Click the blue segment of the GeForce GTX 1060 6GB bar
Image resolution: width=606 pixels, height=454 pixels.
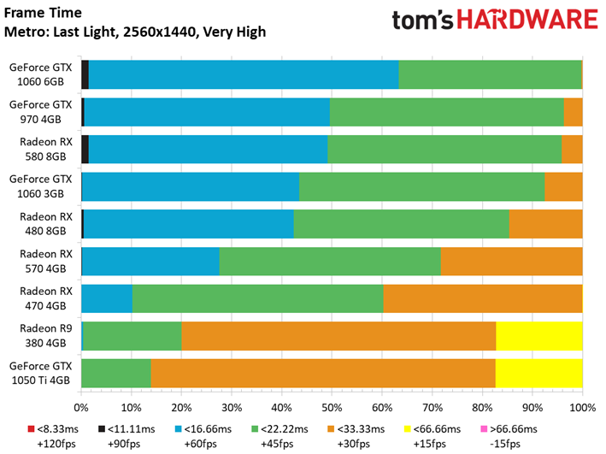pos(244,74)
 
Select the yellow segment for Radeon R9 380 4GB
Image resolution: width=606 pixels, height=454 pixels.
pos(539,336)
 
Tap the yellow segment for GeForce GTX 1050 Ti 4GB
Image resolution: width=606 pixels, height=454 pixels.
pos(539,373)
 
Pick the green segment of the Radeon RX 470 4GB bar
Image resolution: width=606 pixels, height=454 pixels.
pos(258,298)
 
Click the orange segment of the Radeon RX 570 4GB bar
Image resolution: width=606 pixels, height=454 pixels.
pos(512,262)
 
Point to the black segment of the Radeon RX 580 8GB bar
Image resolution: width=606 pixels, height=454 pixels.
pos(85,150)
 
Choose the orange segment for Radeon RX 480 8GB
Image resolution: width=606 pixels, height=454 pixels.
pos(545,224)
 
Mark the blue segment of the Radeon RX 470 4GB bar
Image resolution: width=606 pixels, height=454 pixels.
pos(107,298)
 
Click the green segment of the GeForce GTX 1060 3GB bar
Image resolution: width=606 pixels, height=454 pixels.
pos(422,186)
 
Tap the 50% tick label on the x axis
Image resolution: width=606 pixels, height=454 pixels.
pos(332,408)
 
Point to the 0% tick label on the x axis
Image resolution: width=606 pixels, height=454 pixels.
pos(81,408)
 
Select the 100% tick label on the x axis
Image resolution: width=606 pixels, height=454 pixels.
pos(583,408)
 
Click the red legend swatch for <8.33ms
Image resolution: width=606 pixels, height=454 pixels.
pos(31,429)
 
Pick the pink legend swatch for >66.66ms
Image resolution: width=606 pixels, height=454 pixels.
pos(484,429)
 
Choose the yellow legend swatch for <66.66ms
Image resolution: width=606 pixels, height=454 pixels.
pos(407,429)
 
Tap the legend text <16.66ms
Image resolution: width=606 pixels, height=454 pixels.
pos(208,429)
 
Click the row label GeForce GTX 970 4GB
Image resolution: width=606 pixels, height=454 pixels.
pos(40,112)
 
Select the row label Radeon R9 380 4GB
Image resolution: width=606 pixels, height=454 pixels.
pos(46,336)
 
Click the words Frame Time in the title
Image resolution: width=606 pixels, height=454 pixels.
pos(43,13)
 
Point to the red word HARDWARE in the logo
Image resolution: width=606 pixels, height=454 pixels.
pos(527,20)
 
